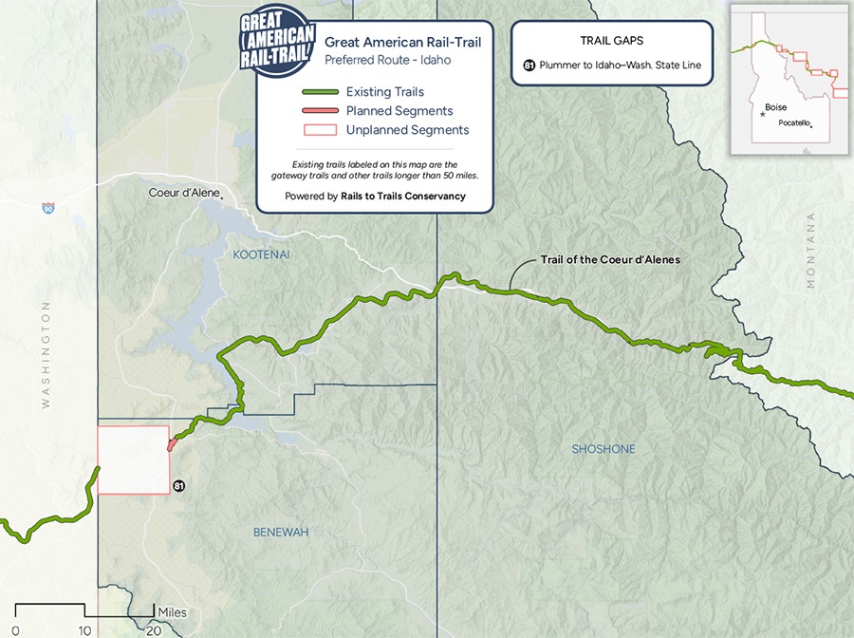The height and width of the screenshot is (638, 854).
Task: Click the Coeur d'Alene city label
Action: [184, 193]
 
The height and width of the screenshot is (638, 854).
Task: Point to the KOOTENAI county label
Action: [261, 255]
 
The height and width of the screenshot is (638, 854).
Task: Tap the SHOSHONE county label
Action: [603, 449]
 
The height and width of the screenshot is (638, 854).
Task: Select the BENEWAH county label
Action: [280, 533]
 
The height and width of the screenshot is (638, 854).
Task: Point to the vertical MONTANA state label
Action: [810, 250]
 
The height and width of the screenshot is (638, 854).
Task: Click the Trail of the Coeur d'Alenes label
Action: [610, 259]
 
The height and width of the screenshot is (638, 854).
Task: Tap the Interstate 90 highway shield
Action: [47, 208]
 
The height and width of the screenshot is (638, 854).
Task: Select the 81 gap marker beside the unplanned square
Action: [178, 486]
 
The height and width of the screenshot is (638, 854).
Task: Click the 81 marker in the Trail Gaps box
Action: [529, 66]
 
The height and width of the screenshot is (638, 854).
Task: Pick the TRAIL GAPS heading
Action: [612, 42]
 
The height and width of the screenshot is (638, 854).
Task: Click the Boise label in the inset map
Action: [775, 108]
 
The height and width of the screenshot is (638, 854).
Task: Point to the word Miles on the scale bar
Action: [173, 612]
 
